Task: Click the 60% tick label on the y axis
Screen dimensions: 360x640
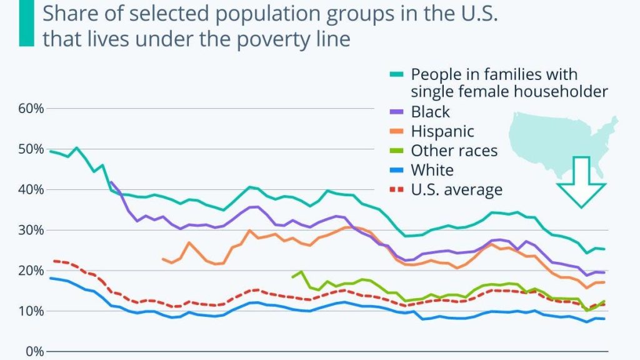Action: tap(31, 108)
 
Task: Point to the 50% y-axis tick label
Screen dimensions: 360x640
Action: tap(31, 149)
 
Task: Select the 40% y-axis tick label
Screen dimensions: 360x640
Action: tap(31, 189)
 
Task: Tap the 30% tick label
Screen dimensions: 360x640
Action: tap(31, 230)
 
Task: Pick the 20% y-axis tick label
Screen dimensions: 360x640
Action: tap(31, 271)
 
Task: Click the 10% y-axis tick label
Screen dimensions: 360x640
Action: tap(31, 311)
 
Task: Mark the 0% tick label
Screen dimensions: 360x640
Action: tap(34, 351)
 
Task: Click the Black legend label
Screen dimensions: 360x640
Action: tap(430, 112)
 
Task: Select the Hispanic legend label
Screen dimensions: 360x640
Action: tap(442, 131)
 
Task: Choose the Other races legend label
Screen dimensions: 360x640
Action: tap(454, 151)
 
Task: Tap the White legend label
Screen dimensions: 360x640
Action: tap(432, 170)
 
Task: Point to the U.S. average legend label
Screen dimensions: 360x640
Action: tap(456, 189)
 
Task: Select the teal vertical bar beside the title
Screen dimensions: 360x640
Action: tap(26, 23)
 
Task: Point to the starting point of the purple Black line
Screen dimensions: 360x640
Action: tap(111, 182)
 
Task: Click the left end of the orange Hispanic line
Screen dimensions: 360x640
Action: tap(162, 259)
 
